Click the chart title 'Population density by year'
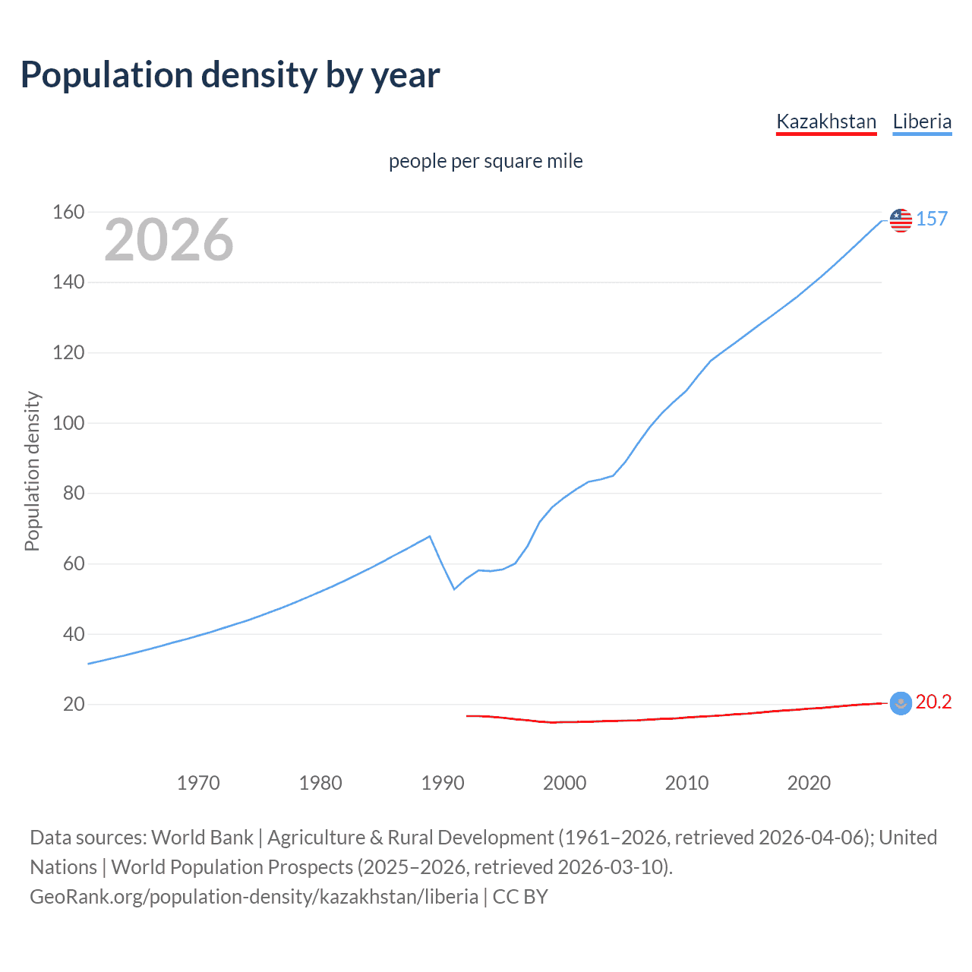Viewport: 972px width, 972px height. [x=230, y=74]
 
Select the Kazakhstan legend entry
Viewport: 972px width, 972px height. [x=826, y=121]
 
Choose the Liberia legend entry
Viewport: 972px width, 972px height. [x=922, y=121]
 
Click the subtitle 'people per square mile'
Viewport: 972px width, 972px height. [x=486, y=161]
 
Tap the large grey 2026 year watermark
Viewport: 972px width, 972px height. [x=169, y=240]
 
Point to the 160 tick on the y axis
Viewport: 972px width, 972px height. [x=68, y=212]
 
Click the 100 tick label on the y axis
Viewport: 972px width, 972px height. [x=68, y=423]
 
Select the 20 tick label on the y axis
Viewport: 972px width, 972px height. [x=74, y=705]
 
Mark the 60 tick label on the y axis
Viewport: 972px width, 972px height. [x=74, y=563]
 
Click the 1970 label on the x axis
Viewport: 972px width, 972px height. [x=198, y=783]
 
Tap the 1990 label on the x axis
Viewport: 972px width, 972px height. [x=443, y=783]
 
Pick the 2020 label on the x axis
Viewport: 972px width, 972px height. [x=809, y=783]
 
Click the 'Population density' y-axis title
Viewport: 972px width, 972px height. [x=32, y=471]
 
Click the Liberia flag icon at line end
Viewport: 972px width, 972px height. [x=901, y=220]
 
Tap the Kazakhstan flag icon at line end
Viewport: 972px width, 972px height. [x=901, y=704]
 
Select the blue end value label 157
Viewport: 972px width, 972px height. [x=932, y=219]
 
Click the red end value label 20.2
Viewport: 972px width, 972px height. [x=933, y=702]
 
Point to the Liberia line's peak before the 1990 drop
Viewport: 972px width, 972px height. [x=430, y=536]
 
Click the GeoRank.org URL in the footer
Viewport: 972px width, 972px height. [x=254, y=897]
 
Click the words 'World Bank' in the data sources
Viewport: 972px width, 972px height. [x=202, y=838]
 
